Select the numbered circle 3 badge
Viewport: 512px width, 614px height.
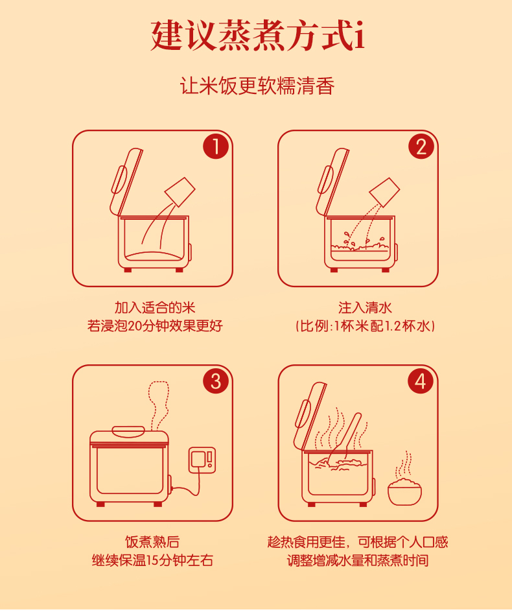[x=216, y=381]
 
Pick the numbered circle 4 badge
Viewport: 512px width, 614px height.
[x=421, y=381]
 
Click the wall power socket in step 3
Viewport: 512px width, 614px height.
[x=202, y=460]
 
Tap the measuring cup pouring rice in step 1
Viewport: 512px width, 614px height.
[x=180, y=192]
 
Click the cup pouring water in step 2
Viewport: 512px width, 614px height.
[x=385, y=193]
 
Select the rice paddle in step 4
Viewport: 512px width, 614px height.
[x=346, y=436]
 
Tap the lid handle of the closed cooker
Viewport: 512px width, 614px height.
[x=128, y=431]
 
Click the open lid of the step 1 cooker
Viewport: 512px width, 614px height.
[x=126, y=182]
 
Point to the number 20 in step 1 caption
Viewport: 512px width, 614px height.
[x=135, y=326]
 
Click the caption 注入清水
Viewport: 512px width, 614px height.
[x=366, y=308]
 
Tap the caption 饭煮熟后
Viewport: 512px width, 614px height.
[x=153, y=542]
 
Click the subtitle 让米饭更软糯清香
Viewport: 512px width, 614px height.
[x=257, y=86]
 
